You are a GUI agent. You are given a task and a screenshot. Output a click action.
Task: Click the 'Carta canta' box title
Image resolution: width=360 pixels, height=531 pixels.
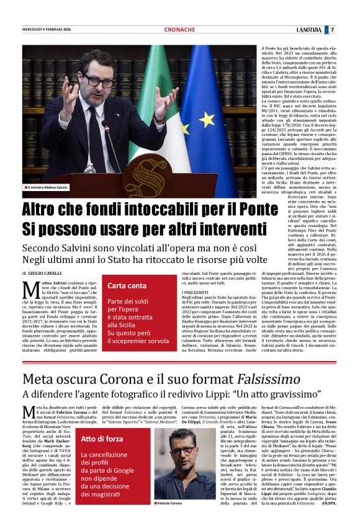pos(127,286)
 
